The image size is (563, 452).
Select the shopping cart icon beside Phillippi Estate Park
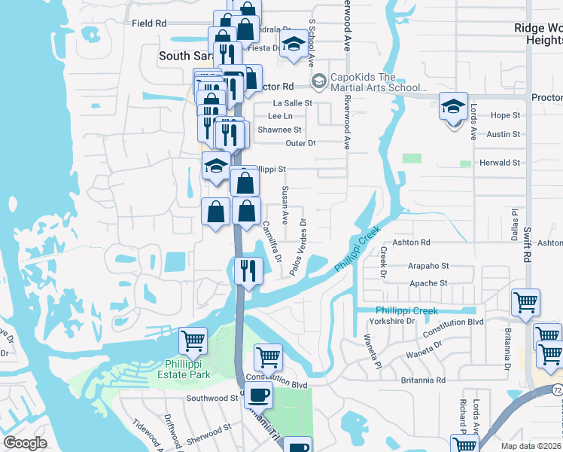193,341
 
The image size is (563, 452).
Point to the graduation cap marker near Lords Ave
454,107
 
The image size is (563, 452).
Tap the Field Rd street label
149,23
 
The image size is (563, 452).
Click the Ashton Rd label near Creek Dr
415,243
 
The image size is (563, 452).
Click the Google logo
25,443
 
